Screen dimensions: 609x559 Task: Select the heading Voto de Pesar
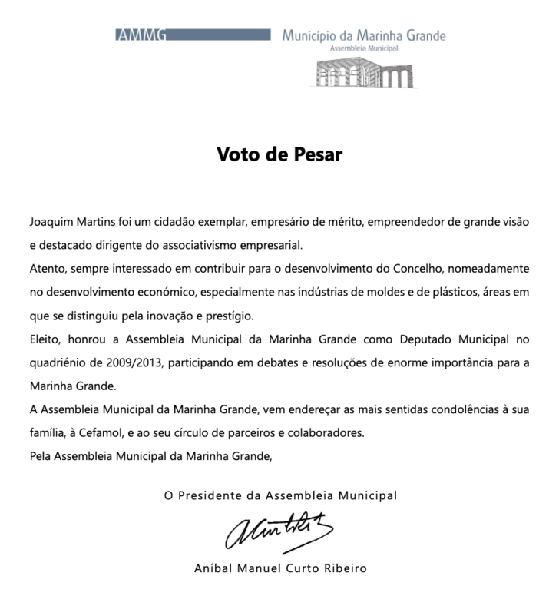coord(279,153)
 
